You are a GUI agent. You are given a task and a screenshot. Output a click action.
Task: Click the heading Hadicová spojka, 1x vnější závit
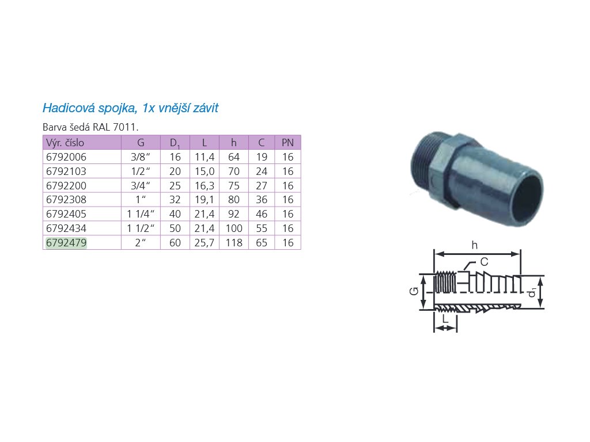pos(130,108)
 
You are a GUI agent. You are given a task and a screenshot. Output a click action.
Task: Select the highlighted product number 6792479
pos(66,243)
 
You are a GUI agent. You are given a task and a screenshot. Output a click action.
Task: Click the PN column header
pos(288,143)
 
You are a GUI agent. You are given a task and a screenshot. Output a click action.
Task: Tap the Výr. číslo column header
pos(65,143)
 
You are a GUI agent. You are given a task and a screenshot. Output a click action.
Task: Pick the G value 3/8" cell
pos(141,157)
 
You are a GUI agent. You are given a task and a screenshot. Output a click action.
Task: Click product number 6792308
pos(66,200)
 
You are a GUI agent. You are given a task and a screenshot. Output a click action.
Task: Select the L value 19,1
pos(205,200)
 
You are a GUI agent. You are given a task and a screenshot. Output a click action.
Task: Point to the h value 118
pos(234,243)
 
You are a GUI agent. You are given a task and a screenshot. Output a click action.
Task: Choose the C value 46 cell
pos(262,214)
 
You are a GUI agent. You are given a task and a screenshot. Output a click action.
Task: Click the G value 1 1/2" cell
pos(141,228)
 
